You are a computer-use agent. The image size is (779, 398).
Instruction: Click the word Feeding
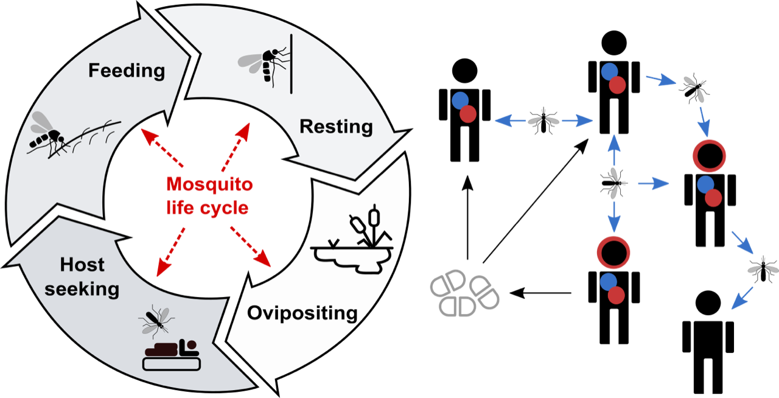(127, 71)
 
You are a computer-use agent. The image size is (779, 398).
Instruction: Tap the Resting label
(336, 127)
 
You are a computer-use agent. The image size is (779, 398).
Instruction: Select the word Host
(82, 265)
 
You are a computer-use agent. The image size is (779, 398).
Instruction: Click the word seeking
(82, 288)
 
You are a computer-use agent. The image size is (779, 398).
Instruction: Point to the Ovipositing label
(302, 313)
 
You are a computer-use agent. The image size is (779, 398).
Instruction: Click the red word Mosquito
(209, 184)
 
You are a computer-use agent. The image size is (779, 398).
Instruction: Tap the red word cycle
(226, 208)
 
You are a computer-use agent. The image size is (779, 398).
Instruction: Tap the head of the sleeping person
(190, 345)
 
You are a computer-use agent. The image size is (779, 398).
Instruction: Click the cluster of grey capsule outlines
(464, 294)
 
